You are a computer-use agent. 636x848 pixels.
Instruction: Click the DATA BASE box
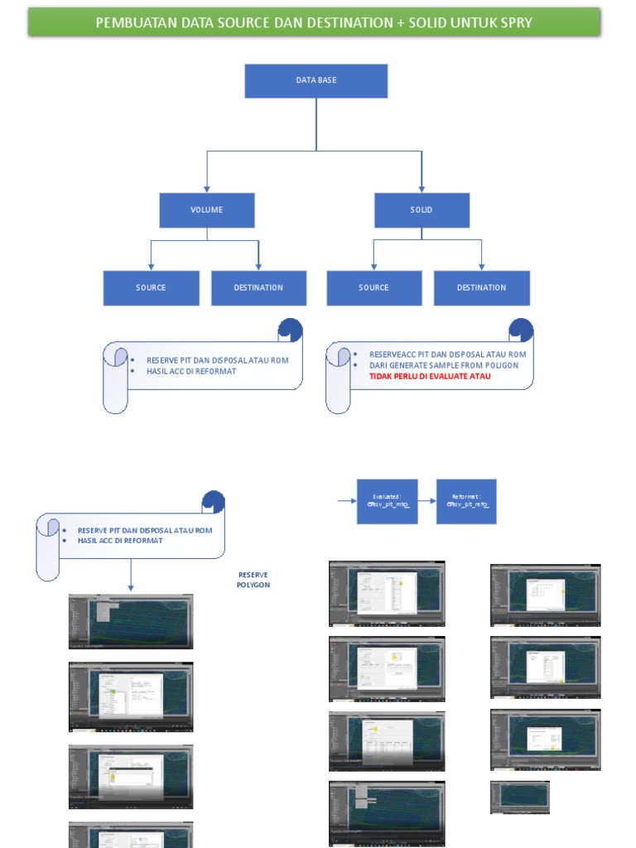[x=316, y=80]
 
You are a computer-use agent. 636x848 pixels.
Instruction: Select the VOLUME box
[x=206, y=210]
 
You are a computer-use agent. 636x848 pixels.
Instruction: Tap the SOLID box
[x=422, y=210]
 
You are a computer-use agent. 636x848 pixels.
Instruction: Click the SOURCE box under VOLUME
[x=151, y=288]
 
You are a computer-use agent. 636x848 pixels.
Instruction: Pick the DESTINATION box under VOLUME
[x=258, y=288]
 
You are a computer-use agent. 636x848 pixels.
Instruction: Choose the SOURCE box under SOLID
[x=373, y=288]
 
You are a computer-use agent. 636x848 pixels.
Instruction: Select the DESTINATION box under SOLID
[x=481, y=288]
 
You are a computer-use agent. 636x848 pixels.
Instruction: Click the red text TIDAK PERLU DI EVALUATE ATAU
[x=430, y=376]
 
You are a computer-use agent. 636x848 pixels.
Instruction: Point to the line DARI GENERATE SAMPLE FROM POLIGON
[x=444, y=365]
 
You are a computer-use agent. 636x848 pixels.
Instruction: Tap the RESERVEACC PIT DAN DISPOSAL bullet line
[x=447, y=354]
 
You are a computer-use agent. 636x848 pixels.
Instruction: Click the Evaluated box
[x=387, y=501]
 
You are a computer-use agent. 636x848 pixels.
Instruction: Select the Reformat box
[x=466, y=501]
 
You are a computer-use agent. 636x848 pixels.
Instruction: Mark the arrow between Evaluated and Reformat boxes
[x=427, y=501]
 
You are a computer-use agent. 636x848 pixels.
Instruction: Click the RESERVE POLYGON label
[x=253, y=580]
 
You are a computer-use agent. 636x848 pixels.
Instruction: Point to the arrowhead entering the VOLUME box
[x=206, y=189]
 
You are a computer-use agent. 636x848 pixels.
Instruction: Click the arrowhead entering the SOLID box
[x=422, y=189]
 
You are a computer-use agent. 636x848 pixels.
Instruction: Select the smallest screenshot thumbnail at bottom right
[x=520, y=797]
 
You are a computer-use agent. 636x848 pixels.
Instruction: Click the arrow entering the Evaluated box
[x=347, y=501]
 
